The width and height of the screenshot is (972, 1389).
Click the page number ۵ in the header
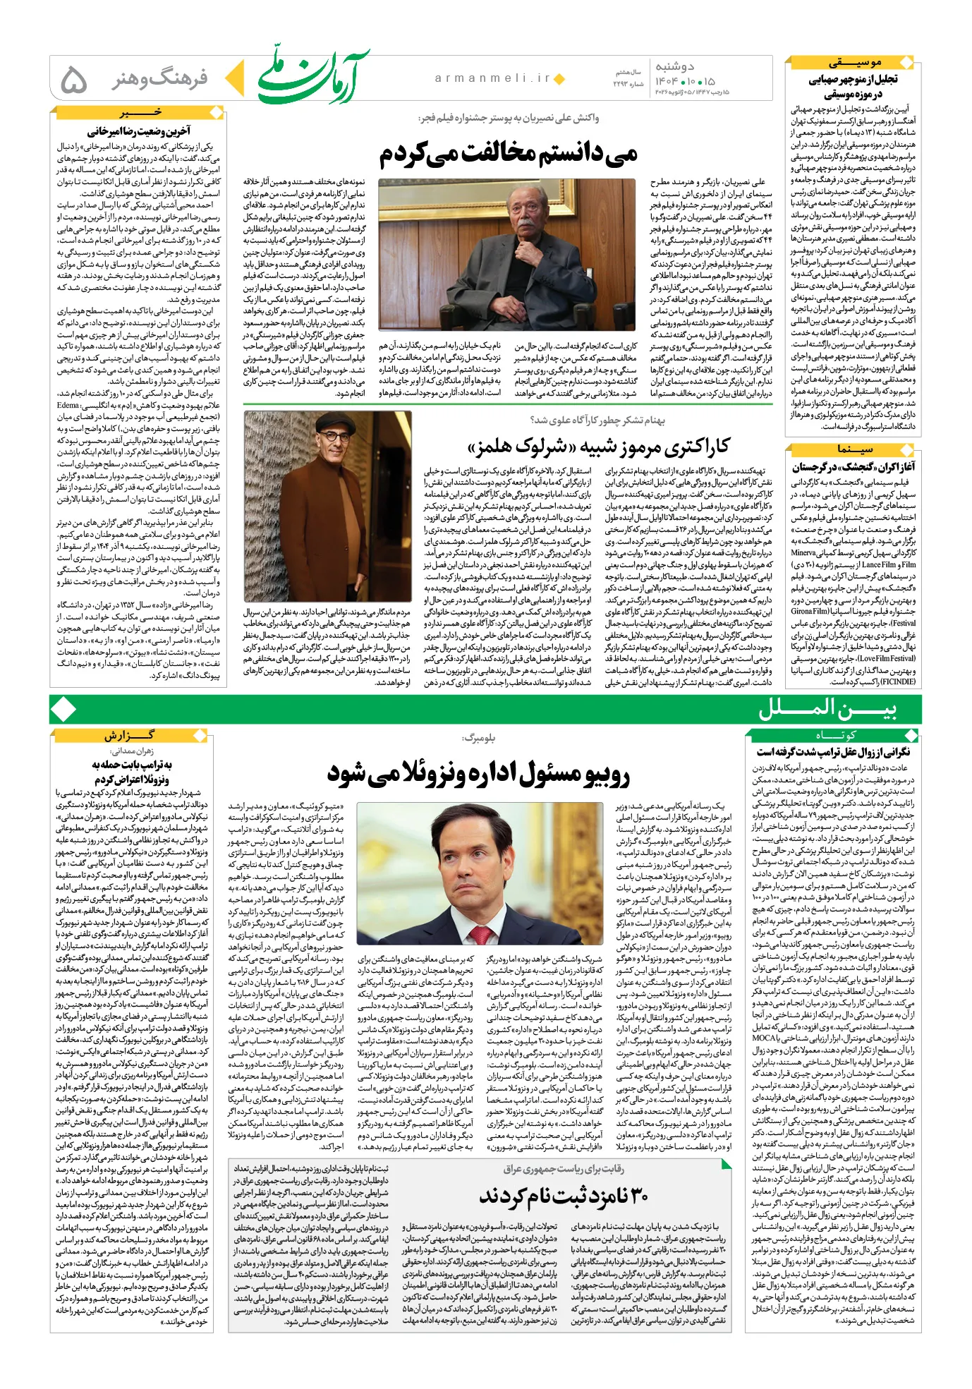[x=74, y=79]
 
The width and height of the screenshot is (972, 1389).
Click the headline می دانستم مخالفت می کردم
[x=508, y=154]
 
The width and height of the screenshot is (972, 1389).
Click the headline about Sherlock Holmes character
[x=598, y=447]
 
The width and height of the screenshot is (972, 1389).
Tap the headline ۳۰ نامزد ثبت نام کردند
[x=564, y=1196]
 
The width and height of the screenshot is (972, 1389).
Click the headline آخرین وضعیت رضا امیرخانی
[x=138, y=131]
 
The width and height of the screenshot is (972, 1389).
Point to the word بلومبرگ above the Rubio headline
[x=478, y=738]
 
